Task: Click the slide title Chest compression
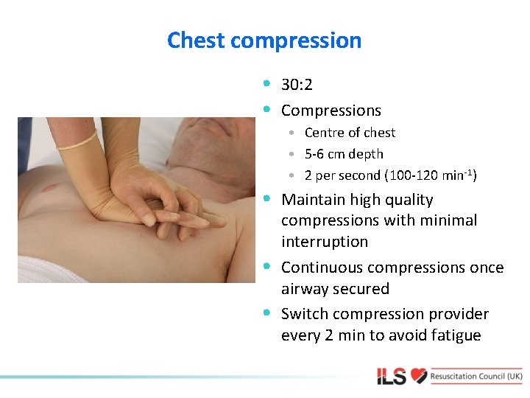point(264,40)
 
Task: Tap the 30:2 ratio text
point(297,85)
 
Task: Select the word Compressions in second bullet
point(331,111)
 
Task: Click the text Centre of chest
point(350,133)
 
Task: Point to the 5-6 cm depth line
point(344,154)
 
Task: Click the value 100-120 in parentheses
point(414,175)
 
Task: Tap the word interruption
point(325,242)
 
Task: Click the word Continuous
point(321,268)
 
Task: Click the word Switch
point(302,314)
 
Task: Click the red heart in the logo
point(419,377)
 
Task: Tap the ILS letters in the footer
point(392,377)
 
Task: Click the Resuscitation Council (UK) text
point(476,377)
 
